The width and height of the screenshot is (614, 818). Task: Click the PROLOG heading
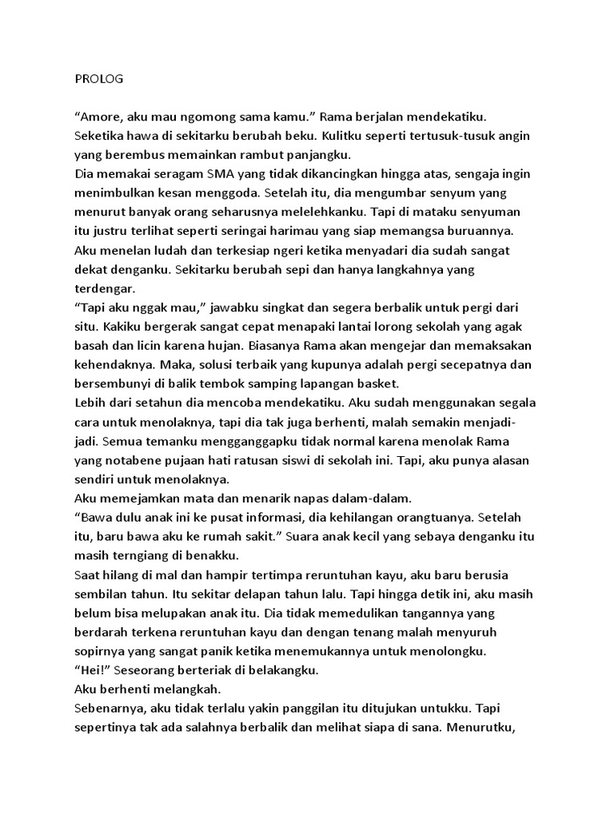(x=96, y=79)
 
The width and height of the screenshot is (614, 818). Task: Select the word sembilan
(x=101, y=594)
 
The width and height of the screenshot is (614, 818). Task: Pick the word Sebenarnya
(x=111, y=708)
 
